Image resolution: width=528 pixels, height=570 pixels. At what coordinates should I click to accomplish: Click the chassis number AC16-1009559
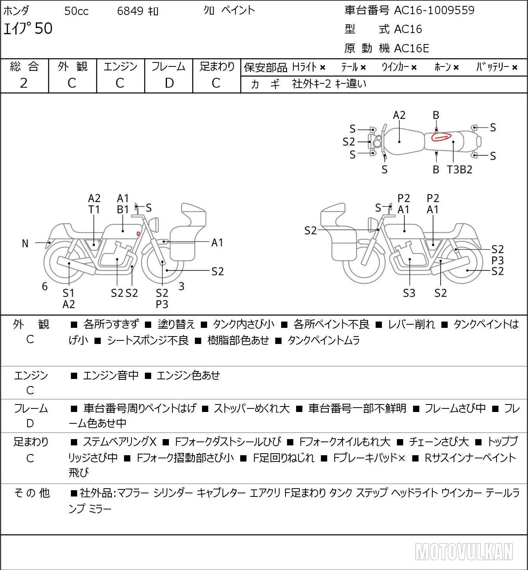point(434,10)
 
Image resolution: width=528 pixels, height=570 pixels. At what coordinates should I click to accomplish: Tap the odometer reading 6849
point(130,11)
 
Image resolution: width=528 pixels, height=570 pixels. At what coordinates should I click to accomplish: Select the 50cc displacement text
point(76,11)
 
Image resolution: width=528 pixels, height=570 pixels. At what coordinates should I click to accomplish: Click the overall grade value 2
point(24,83)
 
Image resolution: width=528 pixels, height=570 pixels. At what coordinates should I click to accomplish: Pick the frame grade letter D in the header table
point(169,83)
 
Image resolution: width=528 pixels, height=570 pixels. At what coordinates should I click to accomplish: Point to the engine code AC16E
point(411,48)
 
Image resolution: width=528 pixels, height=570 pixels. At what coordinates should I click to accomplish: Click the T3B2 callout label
point(459,169)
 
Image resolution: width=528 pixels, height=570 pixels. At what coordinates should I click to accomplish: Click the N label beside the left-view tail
point(25,244)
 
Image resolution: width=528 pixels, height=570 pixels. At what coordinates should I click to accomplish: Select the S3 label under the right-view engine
point(409,293)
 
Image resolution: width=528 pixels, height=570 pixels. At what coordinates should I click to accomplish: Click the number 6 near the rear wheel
point(44,286)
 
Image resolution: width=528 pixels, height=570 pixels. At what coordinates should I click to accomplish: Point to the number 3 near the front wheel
point(181,286)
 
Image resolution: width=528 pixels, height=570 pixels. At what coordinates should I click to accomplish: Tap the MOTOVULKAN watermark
point(464,552)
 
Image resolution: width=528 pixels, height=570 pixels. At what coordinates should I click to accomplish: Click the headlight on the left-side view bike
point(154,225)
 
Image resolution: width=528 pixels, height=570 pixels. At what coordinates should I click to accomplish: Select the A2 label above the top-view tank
point(399,116)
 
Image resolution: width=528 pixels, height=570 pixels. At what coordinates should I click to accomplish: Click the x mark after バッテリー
point(515,68)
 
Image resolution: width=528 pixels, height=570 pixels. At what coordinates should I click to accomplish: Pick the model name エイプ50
point(28,28)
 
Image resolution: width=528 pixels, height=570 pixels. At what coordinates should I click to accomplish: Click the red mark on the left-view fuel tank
point(138,234)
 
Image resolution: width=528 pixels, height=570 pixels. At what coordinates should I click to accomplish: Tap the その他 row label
point(32,493)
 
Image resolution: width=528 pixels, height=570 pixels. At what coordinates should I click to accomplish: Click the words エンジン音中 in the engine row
point(111,375)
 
